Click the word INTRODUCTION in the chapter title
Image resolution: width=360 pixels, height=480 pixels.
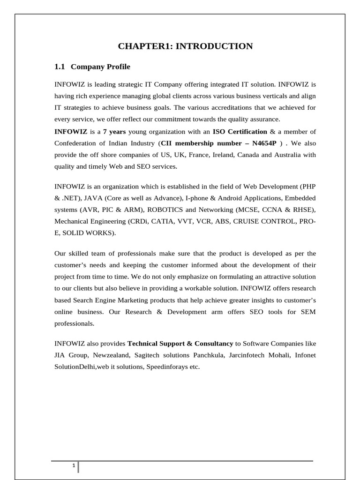(214, 46)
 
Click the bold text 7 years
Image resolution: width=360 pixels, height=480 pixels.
(114, 131)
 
